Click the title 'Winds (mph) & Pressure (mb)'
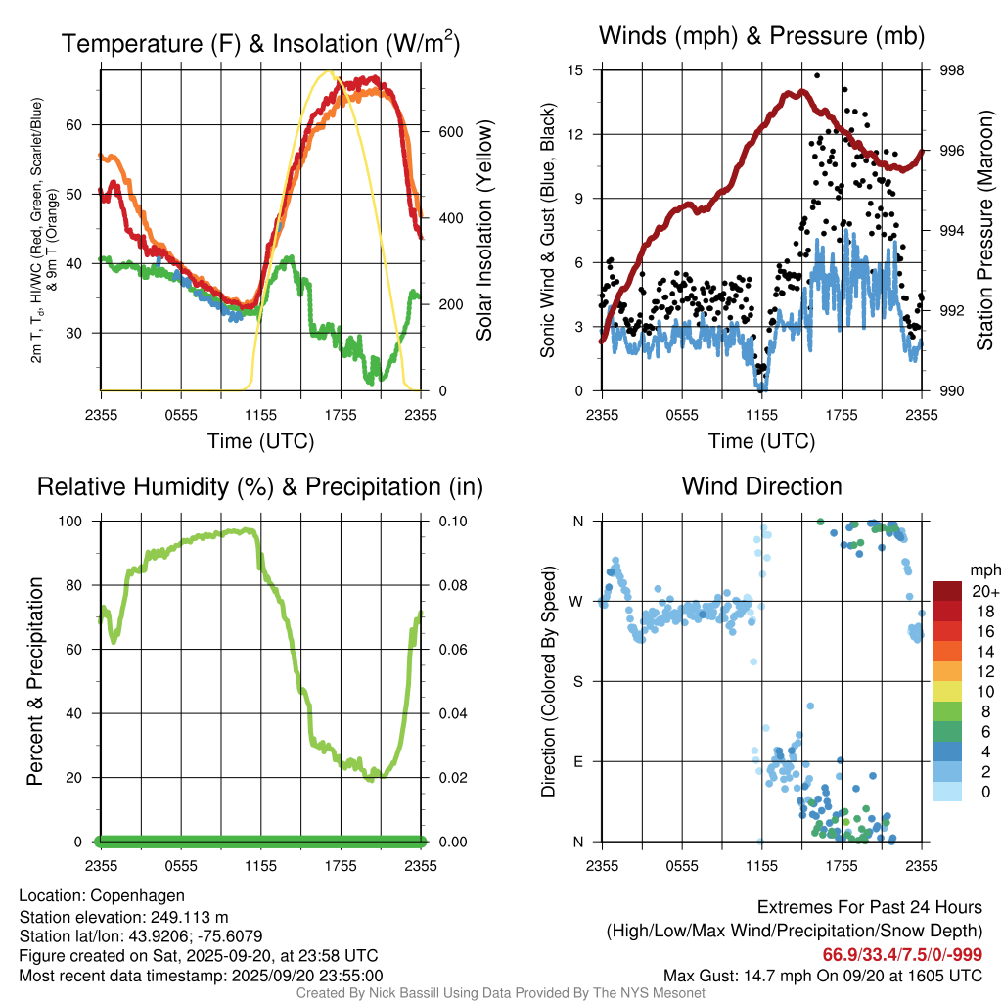click(761, 37)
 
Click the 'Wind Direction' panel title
click(761, 486)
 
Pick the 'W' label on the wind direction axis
click(577, 601)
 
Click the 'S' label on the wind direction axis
click(578, 681)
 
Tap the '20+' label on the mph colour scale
click(983, 591)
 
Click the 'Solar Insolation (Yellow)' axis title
click(484, 231)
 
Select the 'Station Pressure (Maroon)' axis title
click(985, 231)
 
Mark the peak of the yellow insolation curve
click(330, 71)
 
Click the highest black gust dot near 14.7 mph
click(817, 75)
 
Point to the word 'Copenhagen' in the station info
click(136, 895)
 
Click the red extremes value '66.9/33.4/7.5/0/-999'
click(902, 954)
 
